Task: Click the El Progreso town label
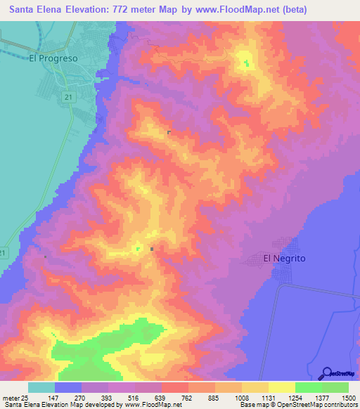tap(53, 58)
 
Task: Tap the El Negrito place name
tap(284, 259)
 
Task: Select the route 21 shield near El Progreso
tap(67, 96)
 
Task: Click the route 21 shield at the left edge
tap(4, 252)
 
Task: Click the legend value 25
tap(25, 398)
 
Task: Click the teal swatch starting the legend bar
tap(41, 387)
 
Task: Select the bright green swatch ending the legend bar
tap(335, 387)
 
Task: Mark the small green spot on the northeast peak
tap(246, 64)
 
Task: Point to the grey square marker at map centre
tap(152, 248)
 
